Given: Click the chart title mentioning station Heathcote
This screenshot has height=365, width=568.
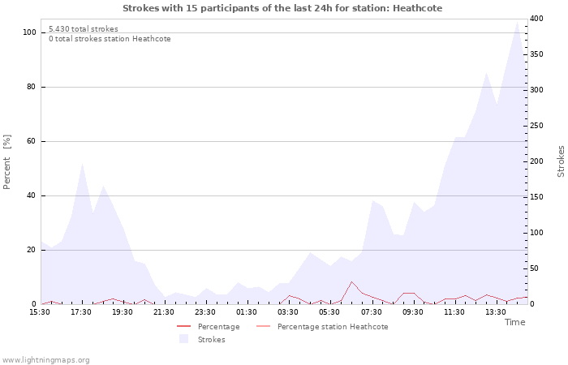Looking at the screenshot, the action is coord(282,8).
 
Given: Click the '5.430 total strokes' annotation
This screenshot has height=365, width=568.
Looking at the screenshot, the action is coord(84,29).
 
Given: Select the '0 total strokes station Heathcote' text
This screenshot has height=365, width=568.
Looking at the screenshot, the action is coord(110,39).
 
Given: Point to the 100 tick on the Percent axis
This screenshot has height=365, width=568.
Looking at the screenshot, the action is coord(29,32).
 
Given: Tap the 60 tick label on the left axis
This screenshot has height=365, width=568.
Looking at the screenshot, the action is coord(31,141).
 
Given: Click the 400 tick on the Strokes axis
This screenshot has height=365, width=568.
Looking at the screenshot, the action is coord(536,19).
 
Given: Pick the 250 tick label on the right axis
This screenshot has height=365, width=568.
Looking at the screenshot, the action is coord(536,126).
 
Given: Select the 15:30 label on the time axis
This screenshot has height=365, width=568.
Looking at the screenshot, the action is coord(40,312).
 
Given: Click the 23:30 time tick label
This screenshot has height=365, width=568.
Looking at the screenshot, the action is coord(205,312).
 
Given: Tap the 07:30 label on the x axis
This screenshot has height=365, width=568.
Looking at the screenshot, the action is coord(372,312).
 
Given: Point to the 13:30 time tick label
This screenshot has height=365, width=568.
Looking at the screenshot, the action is coord(496,312).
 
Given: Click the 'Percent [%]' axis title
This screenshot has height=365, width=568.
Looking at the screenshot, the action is coord(6,162).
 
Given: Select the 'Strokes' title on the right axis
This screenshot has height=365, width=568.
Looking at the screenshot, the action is coord(561,161).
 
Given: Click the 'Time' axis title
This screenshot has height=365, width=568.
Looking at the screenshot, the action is coord(514,322).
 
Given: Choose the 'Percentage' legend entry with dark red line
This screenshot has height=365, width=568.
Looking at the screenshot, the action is coord(209,327).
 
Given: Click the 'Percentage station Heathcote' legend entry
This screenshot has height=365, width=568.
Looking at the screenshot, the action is coord(322,327).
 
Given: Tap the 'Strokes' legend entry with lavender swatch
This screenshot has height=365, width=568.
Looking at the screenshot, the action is coord(203,339).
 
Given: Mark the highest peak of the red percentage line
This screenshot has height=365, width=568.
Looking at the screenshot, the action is coord(351,281).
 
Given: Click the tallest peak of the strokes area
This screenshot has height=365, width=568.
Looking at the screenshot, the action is coord(517,22).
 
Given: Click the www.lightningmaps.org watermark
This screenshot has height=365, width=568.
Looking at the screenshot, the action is coord(45,360).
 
